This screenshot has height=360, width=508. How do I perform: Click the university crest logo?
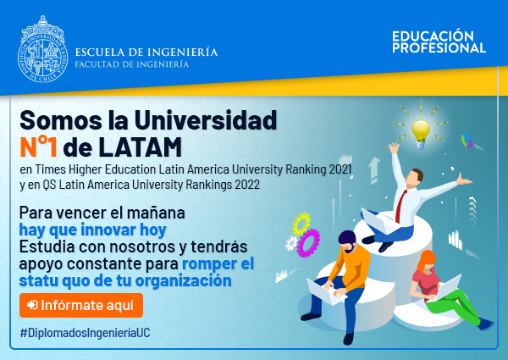(x=43, y=49)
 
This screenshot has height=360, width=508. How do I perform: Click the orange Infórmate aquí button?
(x=81, y=305)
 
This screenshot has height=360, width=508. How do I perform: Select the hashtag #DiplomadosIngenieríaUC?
(x=86, y=333)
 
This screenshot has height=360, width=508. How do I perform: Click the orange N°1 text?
(x=39, y=147)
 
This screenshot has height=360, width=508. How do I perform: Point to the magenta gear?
(x=308, y=243)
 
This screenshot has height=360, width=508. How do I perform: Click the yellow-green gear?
(x=301, y=224)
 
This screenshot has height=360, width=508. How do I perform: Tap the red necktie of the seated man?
(x=401, y=206)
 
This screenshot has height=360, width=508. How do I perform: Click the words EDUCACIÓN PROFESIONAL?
(x=439, y=42)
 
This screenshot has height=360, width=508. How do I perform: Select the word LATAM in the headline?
(x=140, y=147)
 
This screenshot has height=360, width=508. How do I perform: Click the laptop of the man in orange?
(x=325, y=291)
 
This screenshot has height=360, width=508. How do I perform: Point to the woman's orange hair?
(x=426, y=259)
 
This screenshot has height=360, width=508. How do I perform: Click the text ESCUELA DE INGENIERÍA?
(x=146, y=53)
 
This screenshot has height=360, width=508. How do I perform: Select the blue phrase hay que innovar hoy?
(x=92, y=230)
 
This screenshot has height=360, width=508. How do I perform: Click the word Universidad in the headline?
(x=206, y=120)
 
